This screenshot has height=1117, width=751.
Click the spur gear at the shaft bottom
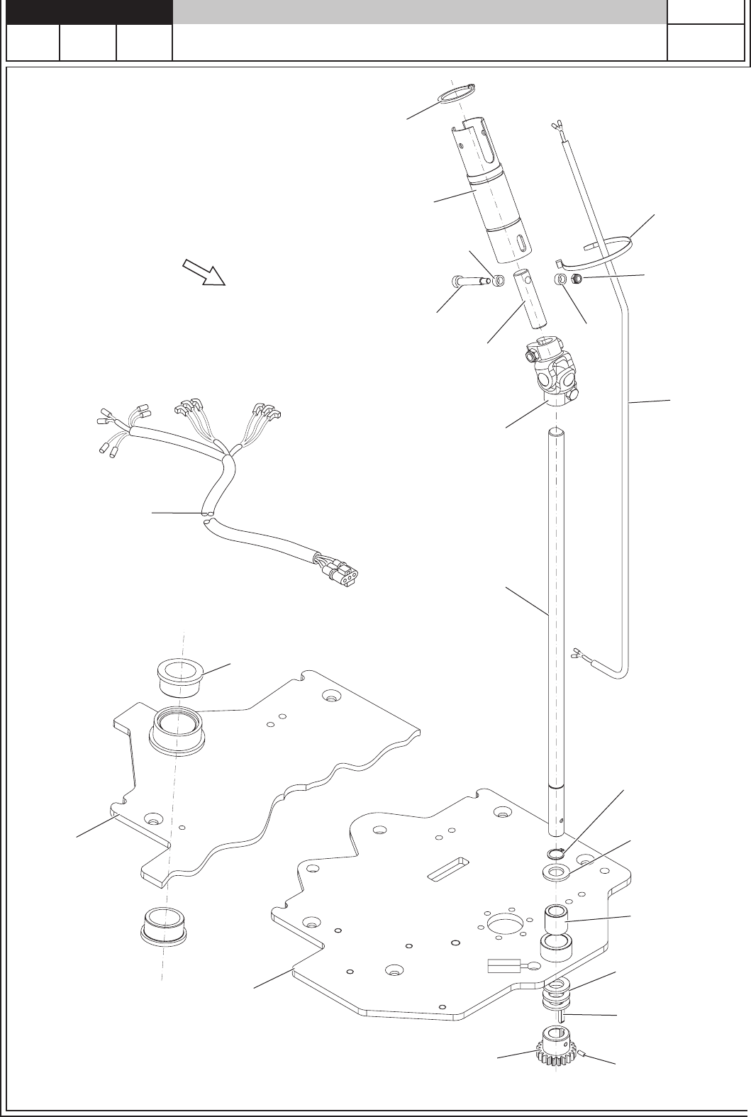[x=556, y=1048]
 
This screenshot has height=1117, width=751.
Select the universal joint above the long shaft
[x=552, y=372]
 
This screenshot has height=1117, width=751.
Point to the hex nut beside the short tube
[x=577, y=279]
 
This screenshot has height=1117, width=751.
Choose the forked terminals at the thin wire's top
[x=556, y=126]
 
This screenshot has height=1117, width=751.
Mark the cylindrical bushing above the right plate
[x=557, y=920]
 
